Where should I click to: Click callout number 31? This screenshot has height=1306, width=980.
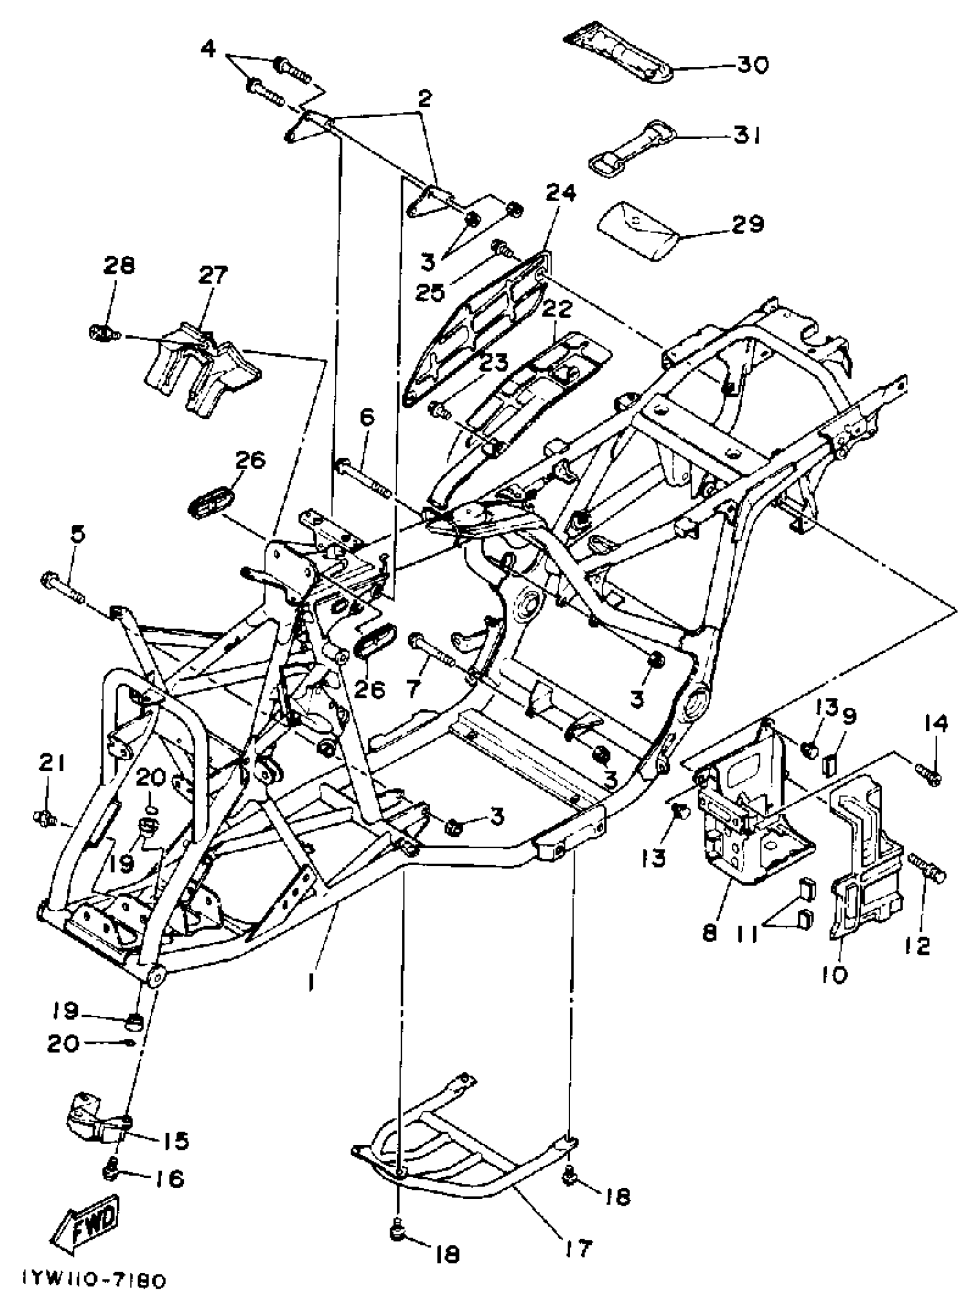tap(747, 137)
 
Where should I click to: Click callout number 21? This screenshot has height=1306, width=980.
tap(52, 764)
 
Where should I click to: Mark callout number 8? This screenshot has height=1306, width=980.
tap(709, 934)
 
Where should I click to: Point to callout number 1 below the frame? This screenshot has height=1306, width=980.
tap(311, 983)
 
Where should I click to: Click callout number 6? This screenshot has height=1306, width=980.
tap(366, 418)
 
